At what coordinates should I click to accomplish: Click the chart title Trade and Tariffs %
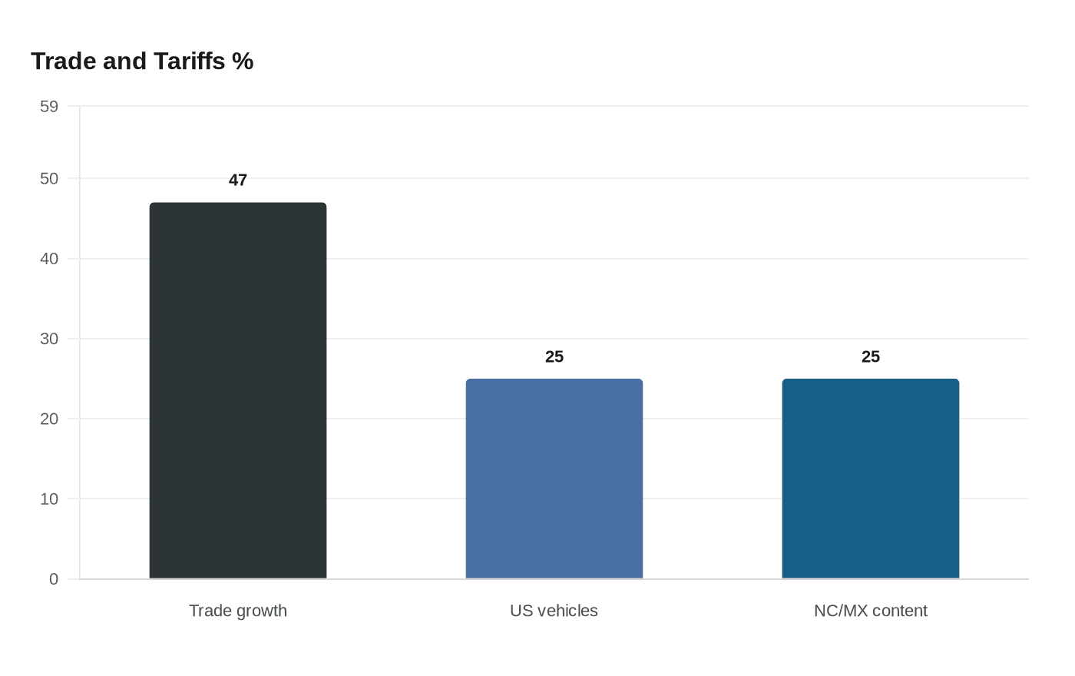142,61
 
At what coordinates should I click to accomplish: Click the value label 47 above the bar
238,181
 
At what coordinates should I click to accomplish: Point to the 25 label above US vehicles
554,357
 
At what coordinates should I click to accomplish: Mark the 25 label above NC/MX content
871,357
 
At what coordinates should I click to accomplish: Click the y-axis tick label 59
49,107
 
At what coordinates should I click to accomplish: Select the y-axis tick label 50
49,179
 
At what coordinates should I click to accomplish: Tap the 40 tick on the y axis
49,259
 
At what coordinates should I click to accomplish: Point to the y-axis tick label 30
49,339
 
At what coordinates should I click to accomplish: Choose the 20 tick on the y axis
49,419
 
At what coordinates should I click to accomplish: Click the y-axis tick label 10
49,499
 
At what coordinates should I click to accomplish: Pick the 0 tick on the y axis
54,579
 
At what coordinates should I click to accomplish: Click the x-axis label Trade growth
238,611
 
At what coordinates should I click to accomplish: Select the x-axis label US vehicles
554,611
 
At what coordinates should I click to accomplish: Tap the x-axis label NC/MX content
871,611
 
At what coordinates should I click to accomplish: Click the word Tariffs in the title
189,61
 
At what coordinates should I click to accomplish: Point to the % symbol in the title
243,61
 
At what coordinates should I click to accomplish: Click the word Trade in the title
63,61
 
